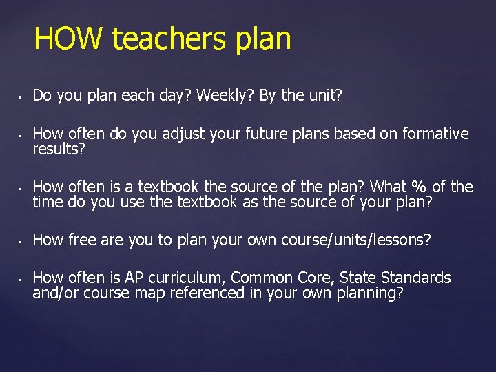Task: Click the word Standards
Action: click(415, 278)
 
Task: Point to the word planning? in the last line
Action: click(370, 293)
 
